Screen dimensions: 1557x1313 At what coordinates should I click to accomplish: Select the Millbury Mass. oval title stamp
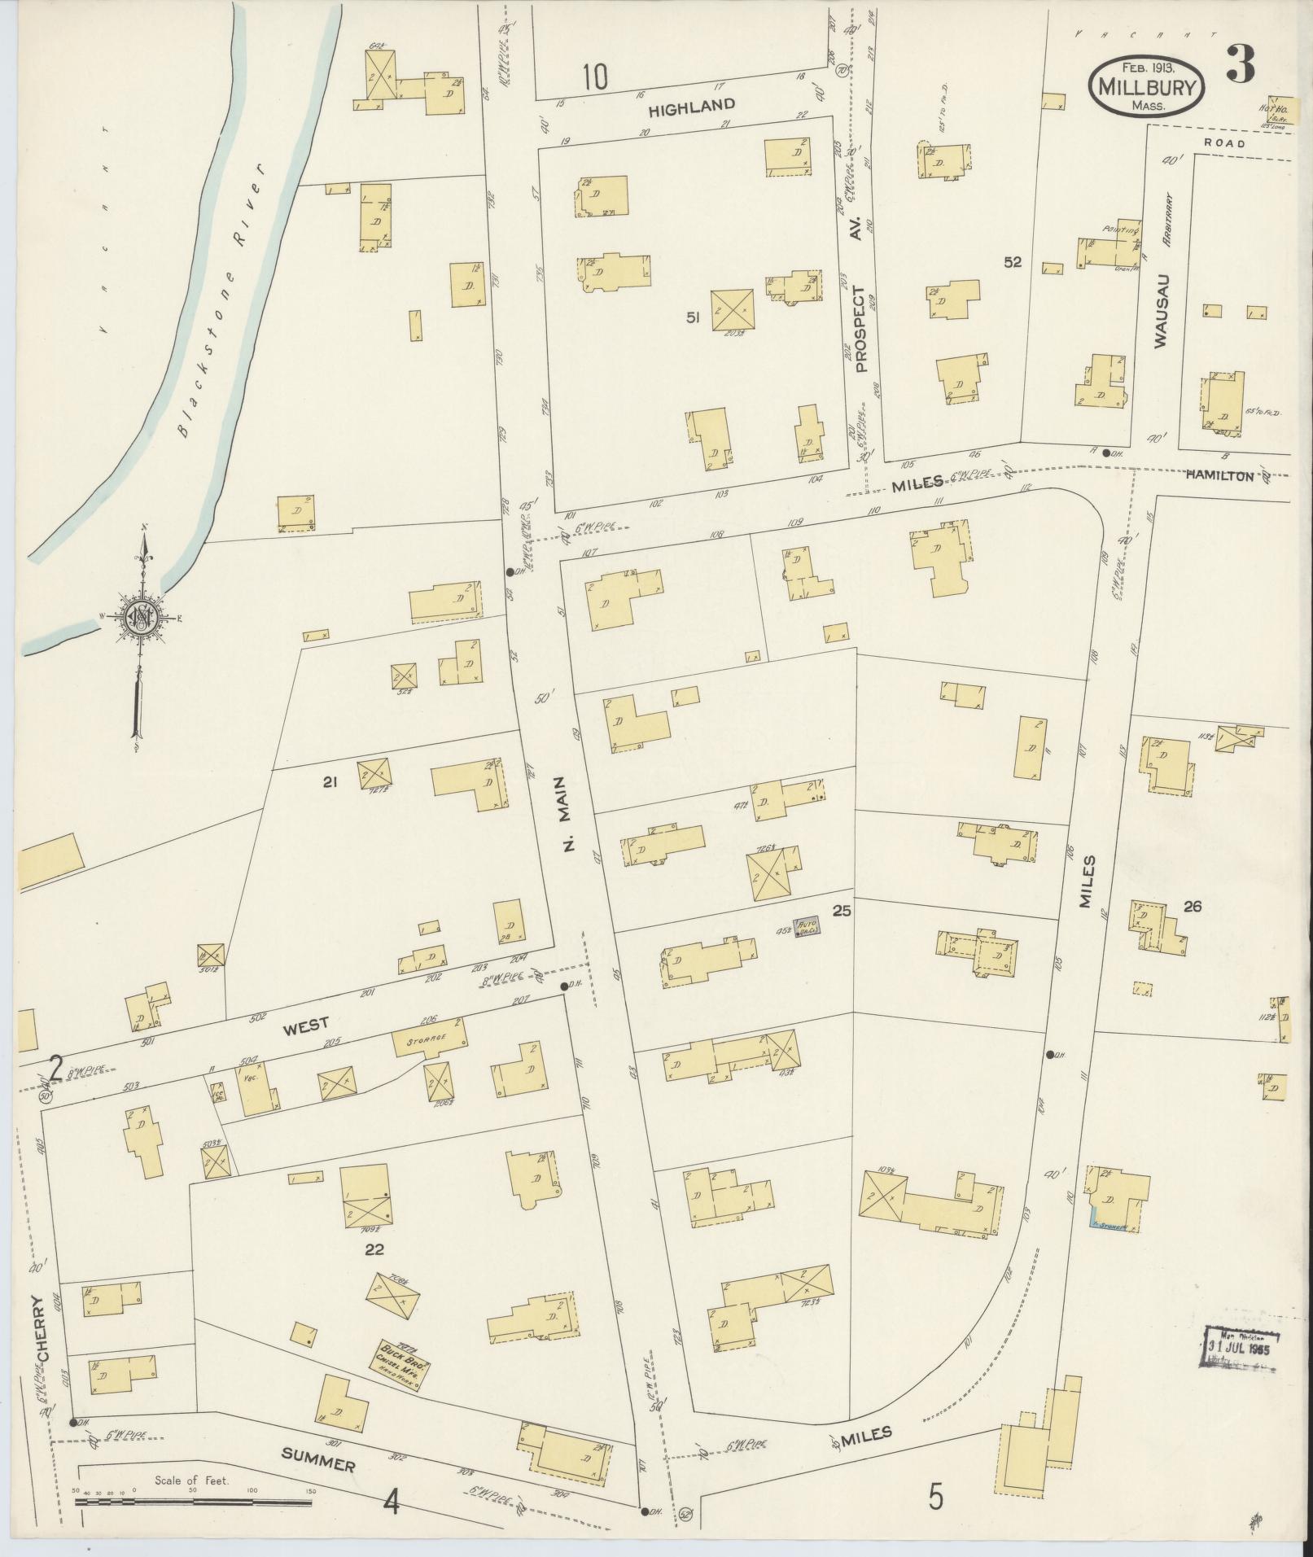pos(1149,87)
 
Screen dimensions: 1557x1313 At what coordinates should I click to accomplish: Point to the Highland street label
pos(692,105)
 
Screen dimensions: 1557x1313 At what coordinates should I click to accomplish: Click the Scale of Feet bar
pos(195,1500)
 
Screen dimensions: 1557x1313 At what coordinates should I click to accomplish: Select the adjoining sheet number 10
pos(595,77)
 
